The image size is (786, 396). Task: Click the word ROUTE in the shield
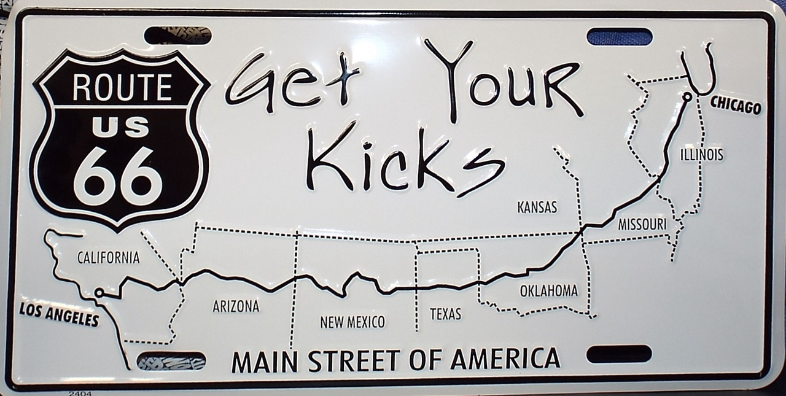tap(122, 88)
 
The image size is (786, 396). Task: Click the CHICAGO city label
tap(735, 107)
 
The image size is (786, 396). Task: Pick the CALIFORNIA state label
tap(108, 258)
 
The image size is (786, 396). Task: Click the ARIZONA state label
tap(236, 306)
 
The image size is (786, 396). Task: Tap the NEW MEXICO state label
tap(352, 321)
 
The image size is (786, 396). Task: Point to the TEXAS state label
tap(445, 314)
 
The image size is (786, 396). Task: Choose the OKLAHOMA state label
tap(548, 291)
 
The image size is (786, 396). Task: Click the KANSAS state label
tap(537, 208)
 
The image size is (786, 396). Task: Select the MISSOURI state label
tap(642, 224)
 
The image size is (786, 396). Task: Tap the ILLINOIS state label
tap(701, 155)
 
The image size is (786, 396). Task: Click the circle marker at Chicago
tap(687, 96)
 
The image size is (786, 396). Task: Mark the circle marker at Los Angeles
tap(98, 293)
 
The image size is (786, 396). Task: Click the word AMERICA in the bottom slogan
tap(505, 359)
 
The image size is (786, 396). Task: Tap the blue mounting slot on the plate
tap(619, 36)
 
